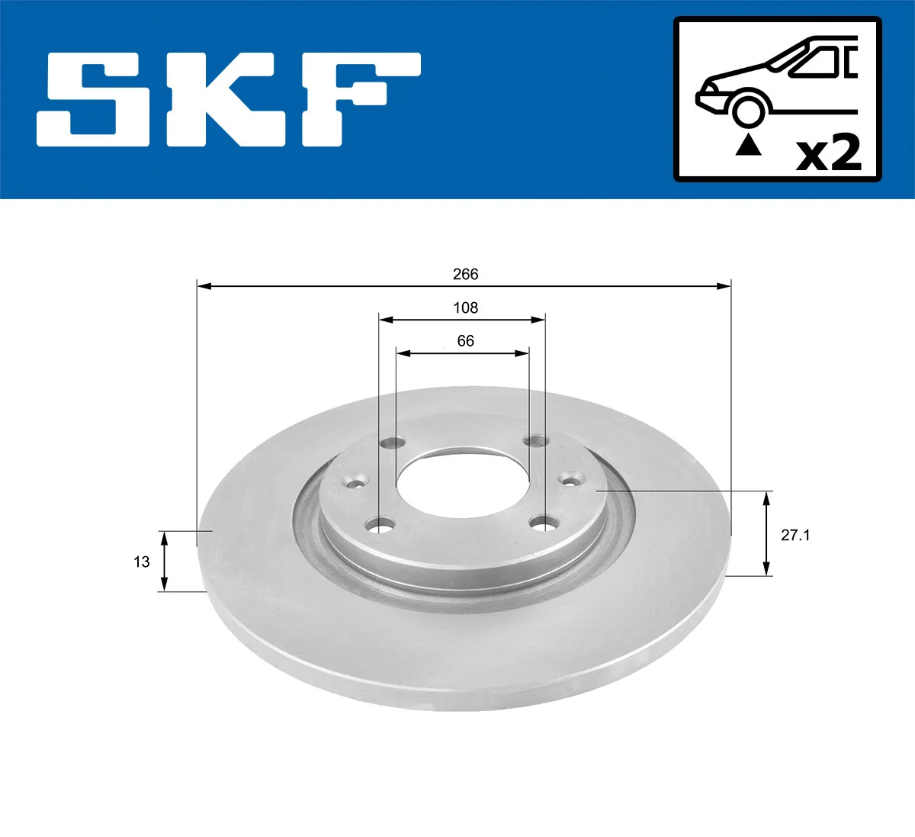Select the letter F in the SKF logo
tap(358, 99)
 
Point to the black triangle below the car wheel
tap(748, 144)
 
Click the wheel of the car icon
tap(748, 110)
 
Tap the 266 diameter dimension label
tap(465, 274)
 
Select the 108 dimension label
tap(465, 307)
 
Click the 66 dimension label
tap(465, 341)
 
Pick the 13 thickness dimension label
tap(142, 562)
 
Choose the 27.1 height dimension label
tap(795, 535)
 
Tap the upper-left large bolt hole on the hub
tap(394, 443)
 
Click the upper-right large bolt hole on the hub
tap(536, 441)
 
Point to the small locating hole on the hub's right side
tap(570, 479)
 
